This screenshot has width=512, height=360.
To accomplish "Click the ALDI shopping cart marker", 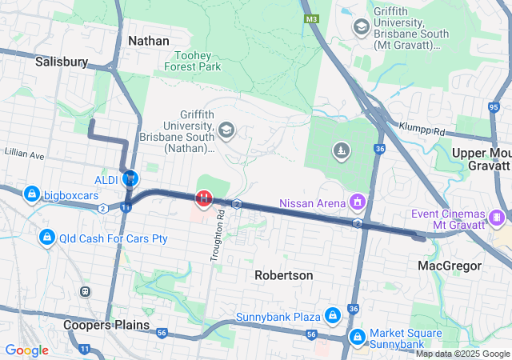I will pos(130,177).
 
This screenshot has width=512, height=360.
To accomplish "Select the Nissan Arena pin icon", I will pos(357,202).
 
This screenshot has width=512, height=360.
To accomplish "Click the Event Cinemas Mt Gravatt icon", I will pos(498,216).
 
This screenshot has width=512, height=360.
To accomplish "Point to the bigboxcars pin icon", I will pos(32,194).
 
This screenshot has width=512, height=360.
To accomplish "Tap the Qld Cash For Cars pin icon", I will pos(47,238).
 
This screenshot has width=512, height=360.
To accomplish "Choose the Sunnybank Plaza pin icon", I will pos(331,317).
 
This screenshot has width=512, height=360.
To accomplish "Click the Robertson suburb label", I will pos(283,274).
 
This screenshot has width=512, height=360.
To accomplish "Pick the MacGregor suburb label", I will pos(449,265).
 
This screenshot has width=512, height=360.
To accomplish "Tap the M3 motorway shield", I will pos(311,18).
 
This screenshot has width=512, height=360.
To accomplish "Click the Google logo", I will pos(26,350).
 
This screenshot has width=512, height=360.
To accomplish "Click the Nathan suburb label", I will pos(148,40).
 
